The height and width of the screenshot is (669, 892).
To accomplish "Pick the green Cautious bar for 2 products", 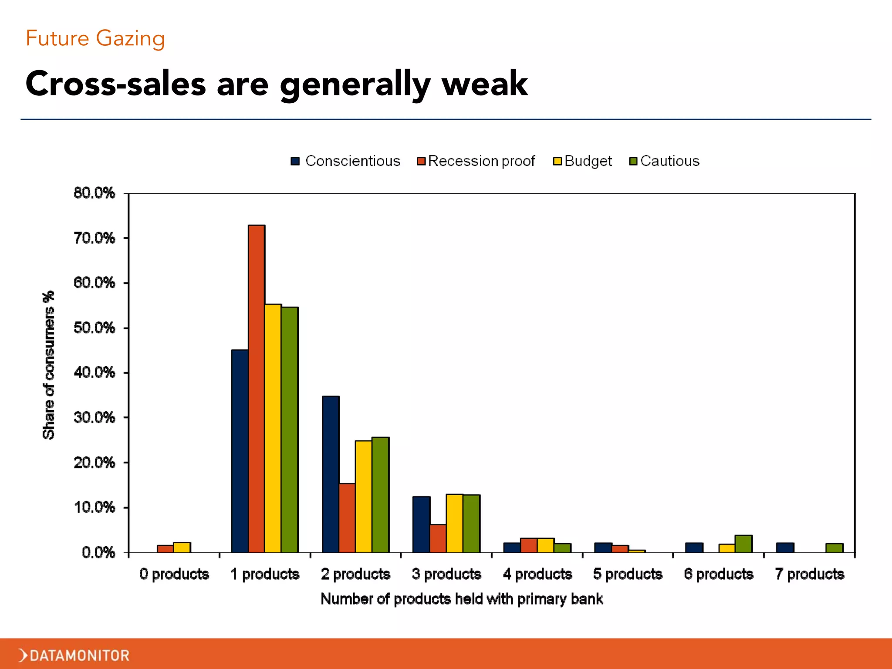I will click(380, 495).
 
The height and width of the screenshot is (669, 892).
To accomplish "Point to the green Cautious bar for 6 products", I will click(743, 544).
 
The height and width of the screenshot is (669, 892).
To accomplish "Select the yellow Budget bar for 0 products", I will click(182, 547).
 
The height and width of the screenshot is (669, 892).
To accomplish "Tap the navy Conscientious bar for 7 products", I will click(785, 547).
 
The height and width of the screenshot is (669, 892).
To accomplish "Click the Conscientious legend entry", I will click(345, 161).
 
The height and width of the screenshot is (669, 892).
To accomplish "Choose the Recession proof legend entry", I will click(476, 161).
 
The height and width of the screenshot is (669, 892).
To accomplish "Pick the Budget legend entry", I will click(582, 161).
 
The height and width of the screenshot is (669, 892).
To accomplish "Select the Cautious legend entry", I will click(664, 161).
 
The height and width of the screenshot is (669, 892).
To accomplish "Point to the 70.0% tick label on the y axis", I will click(95, 238).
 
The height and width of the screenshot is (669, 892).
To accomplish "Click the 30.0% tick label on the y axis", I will click(95, 418).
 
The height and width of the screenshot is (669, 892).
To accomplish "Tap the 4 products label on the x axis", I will click(537, 574).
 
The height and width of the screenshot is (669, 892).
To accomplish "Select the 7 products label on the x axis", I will click(810, 574).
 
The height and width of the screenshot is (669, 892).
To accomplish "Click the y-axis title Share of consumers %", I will click(49, 365).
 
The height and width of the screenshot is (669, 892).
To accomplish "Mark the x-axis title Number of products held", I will click(462, 599).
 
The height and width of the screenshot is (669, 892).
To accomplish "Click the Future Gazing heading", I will click(95, 38).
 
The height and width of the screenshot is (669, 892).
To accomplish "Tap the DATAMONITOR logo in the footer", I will click(74, 655).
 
